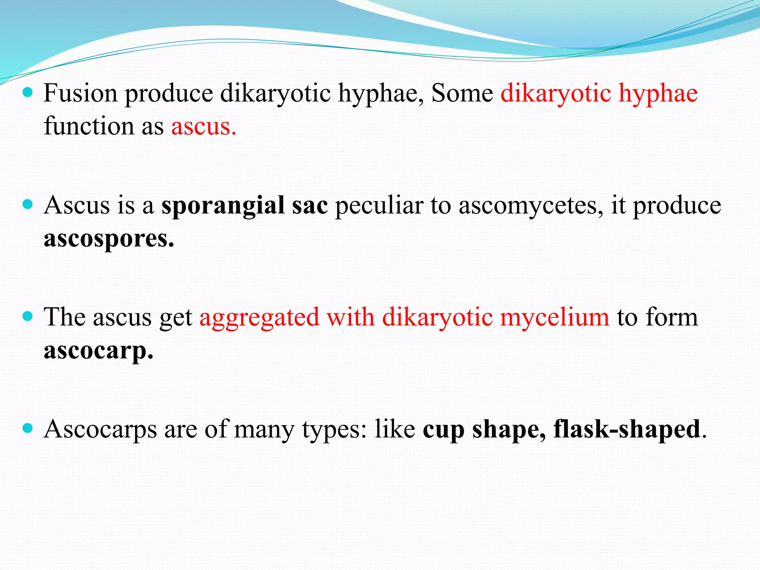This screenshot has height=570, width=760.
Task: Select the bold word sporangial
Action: coord(223,206)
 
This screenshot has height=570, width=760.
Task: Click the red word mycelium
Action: coord(554,318)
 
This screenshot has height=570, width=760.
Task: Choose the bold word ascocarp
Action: coord(98,350)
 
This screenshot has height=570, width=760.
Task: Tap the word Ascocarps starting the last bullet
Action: coord(100,430)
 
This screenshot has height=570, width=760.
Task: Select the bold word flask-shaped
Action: coord(626,430)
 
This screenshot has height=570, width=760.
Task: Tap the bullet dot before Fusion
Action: coord(28,92)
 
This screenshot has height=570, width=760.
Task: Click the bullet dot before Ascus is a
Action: coord(28,204)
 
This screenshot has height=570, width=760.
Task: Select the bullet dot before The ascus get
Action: coord(28,316)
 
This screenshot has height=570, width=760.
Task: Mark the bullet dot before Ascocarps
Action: coord(28,429)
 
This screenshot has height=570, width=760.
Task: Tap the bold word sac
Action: coord(309,206)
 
